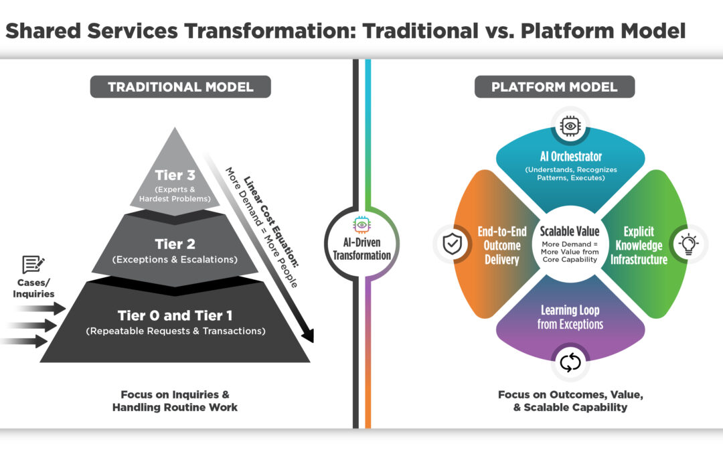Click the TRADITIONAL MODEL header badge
click(181, 87)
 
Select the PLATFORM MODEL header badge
click(554, 87)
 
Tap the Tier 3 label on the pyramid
click(175, 175)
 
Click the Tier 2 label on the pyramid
click(175, 244)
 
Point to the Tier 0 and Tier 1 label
click(175, 315)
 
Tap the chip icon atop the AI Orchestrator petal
click(570, 125)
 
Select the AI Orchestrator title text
click(570, 156)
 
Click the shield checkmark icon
click(452, 244)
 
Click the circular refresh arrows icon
click(570, 363)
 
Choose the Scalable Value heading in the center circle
click(570, 230)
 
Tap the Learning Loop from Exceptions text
click(570, 317)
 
